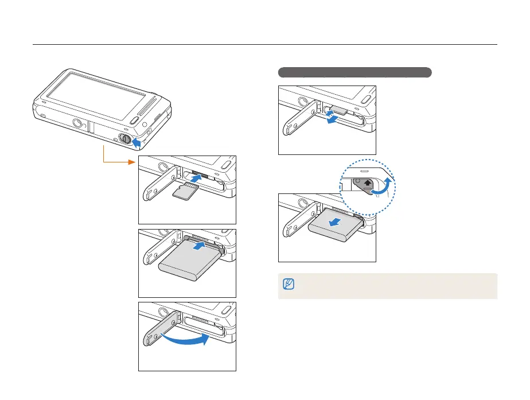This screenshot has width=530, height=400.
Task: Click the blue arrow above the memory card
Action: click(196, 180)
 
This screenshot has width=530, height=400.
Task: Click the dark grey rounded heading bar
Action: click(354, 72)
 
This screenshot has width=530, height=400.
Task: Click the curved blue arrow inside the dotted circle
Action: click(385, 187)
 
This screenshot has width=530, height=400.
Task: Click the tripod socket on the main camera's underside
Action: click(79, 122)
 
